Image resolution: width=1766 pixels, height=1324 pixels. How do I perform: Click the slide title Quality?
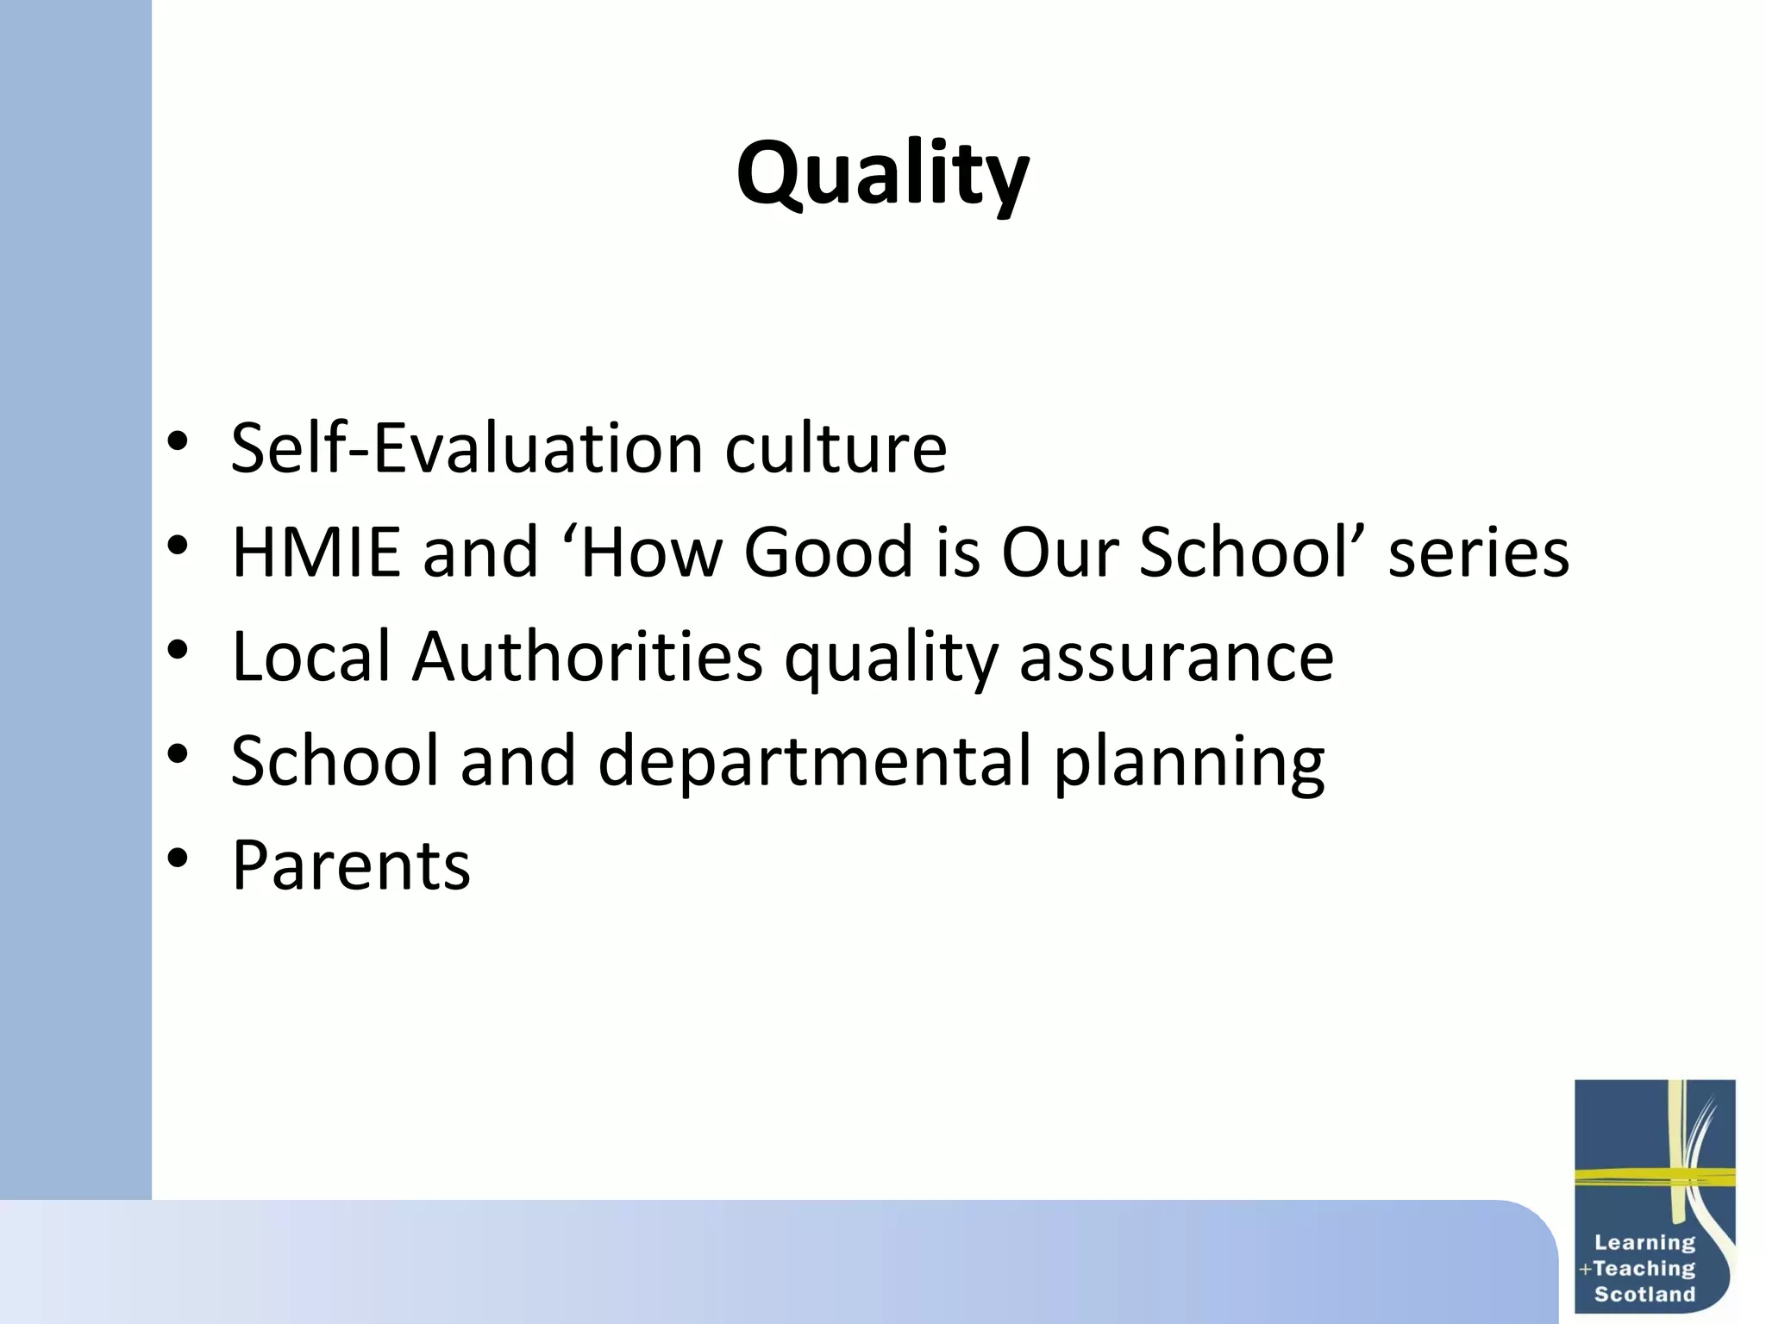[x=882, y=174]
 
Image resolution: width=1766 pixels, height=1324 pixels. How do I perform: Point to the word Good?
[x=828, y=553]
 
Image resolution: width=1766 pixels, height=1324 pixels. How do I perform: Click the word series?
[x=1478, y=553]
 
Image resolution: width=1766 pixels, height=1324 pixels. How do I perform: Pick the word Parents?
[x=351, y=865]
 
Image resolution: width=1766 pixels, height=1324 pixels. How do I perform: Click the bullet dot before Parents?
[x=178, y=859]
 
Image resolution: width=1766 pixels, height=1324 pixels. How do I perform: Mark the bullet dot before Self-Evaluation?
[x=178, y=442]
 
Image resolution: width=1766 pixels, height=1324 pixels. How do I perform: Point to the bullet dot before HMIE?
[x=178, y=546]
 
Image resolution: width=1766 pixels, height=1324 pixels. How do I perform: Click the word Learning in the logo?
[x=1644, y=1242]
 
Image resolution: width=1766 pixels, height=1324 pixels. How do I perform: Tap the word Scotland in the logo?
[x=1644, y=1294]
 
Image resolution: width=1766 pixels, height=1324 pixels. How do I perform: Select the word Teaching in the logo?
[x=1644, y=1268]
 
